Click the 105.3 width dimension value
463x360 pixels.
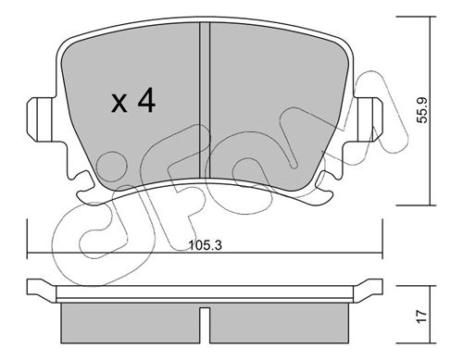coord(206,245)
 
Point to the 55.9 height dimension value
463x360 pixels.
coord(422,110)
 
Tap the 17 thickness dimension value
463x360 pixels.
coord(422,317)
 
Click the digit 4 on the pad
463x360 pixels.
coord(146,100)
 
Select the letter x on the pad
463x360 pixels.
coord(119,103)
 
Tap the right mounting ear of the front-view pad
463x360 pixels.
coord(368,119)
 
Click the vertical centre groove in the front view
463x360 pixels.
coord(205,100)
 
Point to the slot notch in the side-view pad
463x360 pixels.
coord(205,325)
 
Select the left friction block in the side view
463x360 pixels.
coord(130,323)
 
